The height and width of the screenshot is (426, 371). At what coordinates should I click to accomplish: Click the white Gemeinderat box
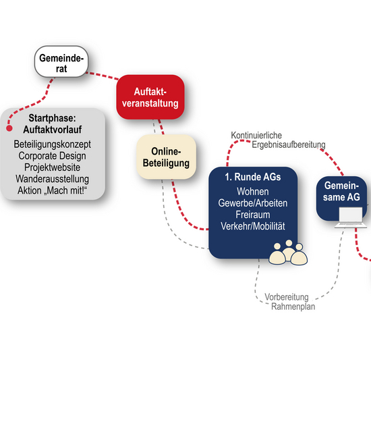[x=61, y=61]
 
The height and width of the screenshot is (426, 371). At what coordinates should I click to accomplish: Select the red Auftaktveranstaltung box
[x=150, y=97]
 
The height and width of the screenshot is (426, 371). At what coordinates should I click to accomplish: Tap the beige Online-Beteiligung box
[x=166, y=157]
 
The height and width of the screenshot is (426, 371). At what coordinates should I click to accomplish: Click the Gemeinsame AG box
[x=341, y=198]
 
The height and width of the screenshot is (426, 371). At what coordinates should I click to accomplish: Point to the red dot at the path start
[x=9, y=128]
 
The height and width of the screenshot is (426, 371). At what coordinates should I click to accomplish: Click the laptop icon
[x=351, y=217]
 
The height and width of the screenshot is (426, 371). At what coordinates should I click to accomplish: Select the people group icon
[x=288, y=252]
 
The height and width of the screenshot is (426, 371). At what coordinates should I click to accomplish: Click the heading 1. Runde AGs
[x=253, y=177]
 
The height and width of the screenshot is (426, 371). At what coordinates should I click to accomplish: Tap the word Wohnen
[x=253, y=192]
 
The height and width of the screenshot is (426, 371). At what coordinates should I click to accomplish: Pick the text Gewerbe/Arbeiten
[x=253, y=203]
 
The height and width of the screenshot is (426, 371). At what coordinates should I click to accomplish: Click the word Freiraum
[x=253, y=215]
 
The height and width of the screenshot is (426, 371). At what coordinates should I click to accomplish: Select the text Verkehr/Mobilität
[x=253, y=226]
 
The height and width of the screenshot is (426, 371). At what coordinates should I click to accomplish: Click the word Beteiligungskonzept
[x=53, y=144]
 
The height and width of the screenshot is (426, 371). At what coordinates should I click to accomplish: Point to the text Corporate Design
[x=53, y=156]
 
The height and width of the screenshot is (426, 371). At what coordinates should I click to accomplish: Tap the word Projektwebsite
[x=53, y=167]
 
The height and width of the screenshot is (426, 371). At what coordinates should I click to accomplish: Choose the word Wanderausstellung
[x=53, y=179]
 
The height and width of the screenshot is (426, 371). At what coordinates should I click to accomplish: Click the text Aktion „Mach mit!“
[x=53, y=190]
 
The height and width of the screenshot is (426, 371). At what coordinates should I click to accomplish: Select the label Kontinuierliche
[x=256, y=135]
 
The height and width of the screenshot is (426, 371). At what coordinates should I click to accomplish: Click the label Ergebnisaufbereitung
[x=289, y=144]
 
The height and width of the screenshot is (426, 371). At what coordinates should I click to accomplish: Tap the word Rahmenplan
[x=293, y=307]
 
